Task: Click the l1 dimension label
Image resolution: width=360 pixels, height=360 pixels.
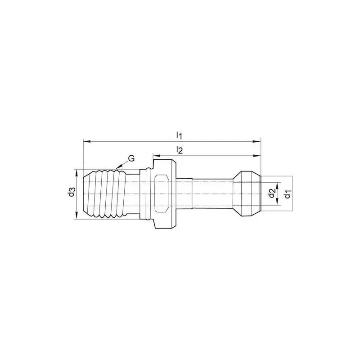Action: tap(179, 135)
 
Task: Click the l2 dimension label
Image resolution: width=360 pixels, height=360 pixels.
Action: tap(179, 150)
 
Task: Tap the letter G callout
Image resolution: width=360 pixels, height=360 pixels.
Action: tap(131, 158)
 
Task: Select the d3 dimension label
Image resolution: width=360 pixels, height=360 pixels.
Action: tap(72, 192)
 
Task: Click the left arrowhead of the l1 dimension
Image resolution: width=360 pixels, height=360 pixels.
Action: tap(86, 141)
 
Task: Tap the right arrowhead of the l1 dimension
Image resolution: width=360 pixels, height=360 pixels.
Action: tap(257, 141)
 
